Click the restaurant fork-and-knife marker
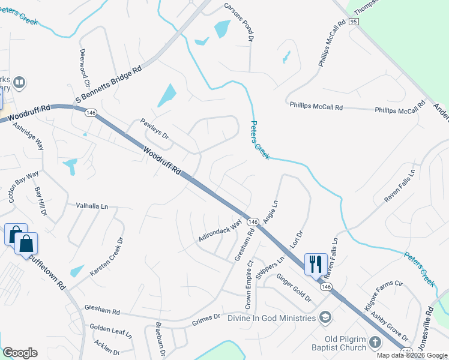(x=316, y=263)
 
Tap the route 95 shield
(x=353, y=22)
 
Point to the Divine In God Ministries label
(x=271, y=317)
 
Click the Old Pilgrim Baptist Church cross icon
(x=375, y=343)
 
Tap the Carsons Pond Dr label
(x=239, y=22)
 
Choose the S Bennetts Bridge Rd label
(x=108, y=85)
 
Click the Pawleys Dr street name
(x=155, y=129)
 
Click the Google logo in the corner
(x=20, y=353)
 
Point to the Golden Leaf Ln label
(x=110, y=330)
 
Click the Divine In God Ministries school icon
(x=325, y=317)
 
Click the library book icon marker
(x=19, y=82)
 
